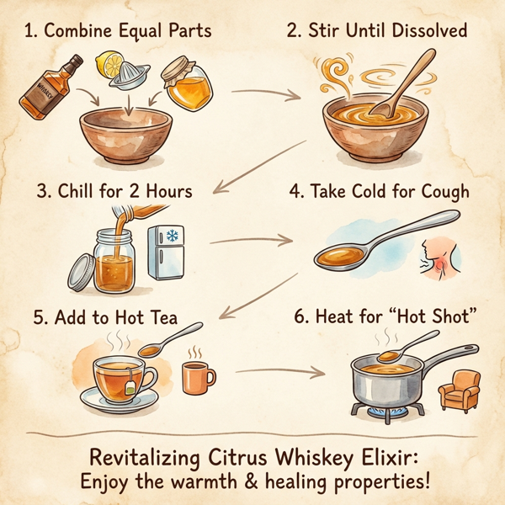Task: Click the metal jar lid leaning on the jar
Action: point(81,274)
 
